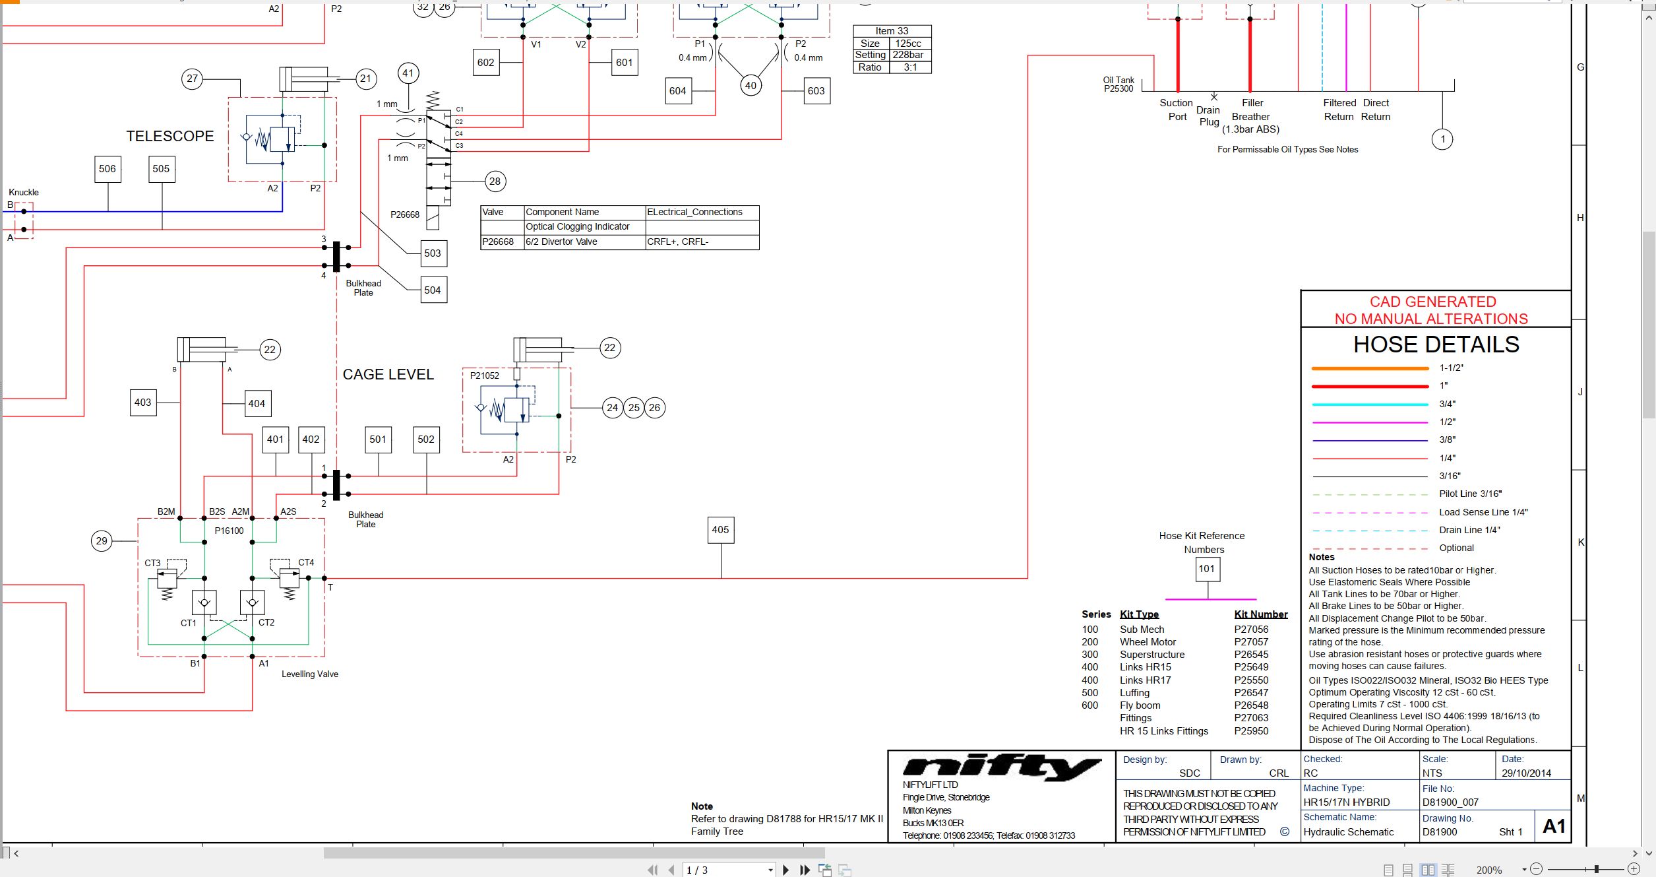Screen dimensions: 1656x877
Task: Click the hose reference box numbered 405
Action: (x=720, y=530)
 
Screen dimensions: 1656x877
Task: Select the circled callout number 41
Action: (x=408, y=73)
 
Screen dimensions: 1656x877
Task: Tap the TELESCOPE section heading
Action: (x=170, y=136)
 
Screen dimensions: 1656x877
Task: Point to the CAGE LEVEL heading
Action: (x=388, y=374)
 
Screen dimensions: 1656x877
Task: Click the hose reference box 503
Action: (x=433, y=253)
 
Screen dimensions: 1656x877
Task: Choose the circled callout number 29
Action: (x=102, y=541)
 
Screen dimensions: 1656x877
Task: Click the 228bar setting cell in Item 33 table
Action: (x=908, y=55)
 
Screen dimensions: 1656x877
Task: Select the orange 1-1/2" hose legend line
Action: (x=1370, y=368)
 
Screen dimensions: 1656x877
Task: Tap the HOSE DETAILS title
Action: (x=1436, y=344)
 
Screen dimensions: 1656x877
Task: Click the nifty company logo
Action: (x=1001, y=767)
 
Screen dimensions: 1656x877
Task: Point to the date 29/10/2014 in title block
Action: (x=1526, y=773)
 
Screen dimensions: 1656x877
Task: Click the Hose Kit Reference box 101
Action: (x=1207, y=569)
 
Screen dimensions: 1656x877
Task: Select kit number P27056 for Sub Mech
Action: (x=1251, y=630)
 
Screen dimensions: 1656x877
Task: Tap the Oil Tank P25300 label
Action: (x=1119, y=84)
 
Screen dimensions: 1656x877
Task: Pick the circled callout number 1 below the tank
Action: (x=1442, y=139)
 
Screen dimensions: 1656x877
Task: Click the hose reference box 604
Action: (x=678, y=91)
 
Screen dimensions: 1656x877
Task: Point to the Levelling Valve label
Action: (x=310, y=674)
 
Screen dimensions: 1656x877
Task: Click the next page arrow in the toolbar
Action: (x=785, y=870)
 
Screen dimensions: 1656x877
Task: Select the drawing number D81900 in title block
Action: (x=1440, y=832)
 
